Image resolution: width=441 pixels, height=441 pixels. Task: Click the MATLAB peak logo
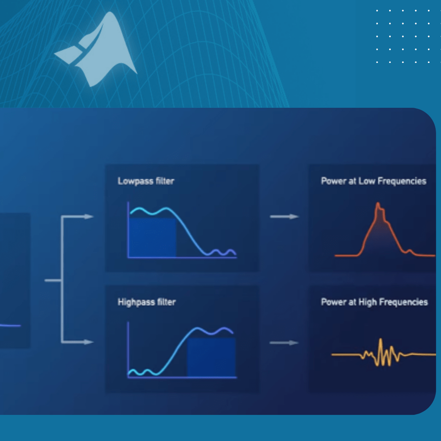(100, 51)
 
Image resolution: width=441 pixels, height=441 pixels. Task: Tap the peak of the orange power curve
(378, 204)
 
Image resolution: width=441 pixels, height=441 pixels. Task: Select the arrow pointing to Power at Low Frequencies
(284, 217)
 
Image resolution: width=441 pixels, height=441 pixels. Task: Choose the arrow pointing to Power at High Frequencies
(284, 343)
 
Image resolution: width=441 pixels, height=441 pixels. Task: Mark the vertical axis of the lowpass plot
(128, 229)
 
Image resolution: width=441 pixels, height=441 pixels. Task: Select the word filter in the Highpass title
(166, 303)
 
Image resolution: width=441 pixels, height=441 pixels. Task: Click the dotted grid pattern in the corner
(403, 36)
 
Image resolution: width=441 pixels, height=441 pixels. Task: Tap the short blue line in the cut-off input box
(10, 325)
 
